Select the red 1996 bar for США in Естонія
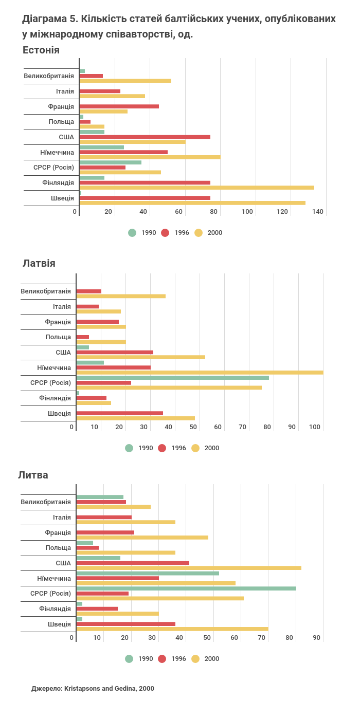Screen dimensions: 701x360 (145, 137)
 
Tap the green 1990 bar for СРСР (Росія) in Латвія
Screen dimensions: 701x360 (172, 378)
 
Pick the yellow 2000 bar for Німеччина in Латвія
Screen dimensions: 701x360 (200, 373)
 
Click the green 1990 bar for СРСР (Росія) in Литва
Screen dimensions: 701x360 (186, 588)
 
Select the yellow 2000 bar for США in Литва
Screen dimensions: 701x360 (189, 568)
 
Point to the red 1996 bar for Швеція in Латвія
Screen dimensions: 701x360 (119, 413)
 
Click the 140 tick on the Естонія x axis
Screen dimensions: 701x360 (318, 212)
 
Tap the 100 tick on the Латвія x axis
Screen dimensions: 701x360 (315, 427)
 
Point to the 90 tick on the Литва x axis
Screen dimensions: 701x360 (317, 638)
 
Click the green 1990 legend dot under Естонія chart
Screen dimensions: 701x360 (132, 233)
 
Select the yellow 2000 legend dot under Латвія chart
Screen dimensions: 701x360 (195, 448)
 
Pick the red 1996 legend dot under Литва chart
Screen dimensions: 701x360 (162, 659)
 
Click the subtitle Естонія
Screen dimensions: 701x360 (41, 50)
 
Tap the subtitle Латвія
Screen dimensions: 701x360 (39, 264)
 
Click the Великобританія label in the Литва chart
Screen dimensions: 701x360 (46, 502)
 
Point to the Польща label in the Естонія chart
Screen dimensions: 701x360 (61, 122)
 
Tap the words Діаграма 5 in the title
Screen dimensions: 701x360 (49, 19)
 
